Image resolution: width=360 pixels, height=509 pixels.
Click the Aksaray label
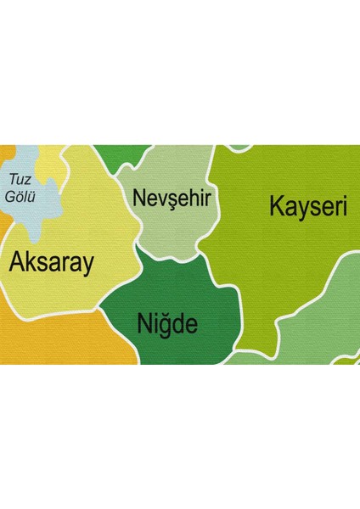point(50,263)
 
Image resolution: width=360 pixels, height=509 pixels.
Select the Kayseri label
point(308,206)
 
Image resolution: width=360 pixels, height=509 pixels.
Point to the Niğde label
point(167,323)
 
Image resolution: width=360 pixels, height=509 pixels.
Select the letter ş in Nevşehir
point(172,200)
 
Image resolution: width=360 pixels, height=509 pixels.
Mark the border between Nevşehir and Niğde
point(170,256)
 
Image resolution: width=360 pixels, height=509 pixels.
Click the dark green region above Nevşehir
point(119,154)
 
